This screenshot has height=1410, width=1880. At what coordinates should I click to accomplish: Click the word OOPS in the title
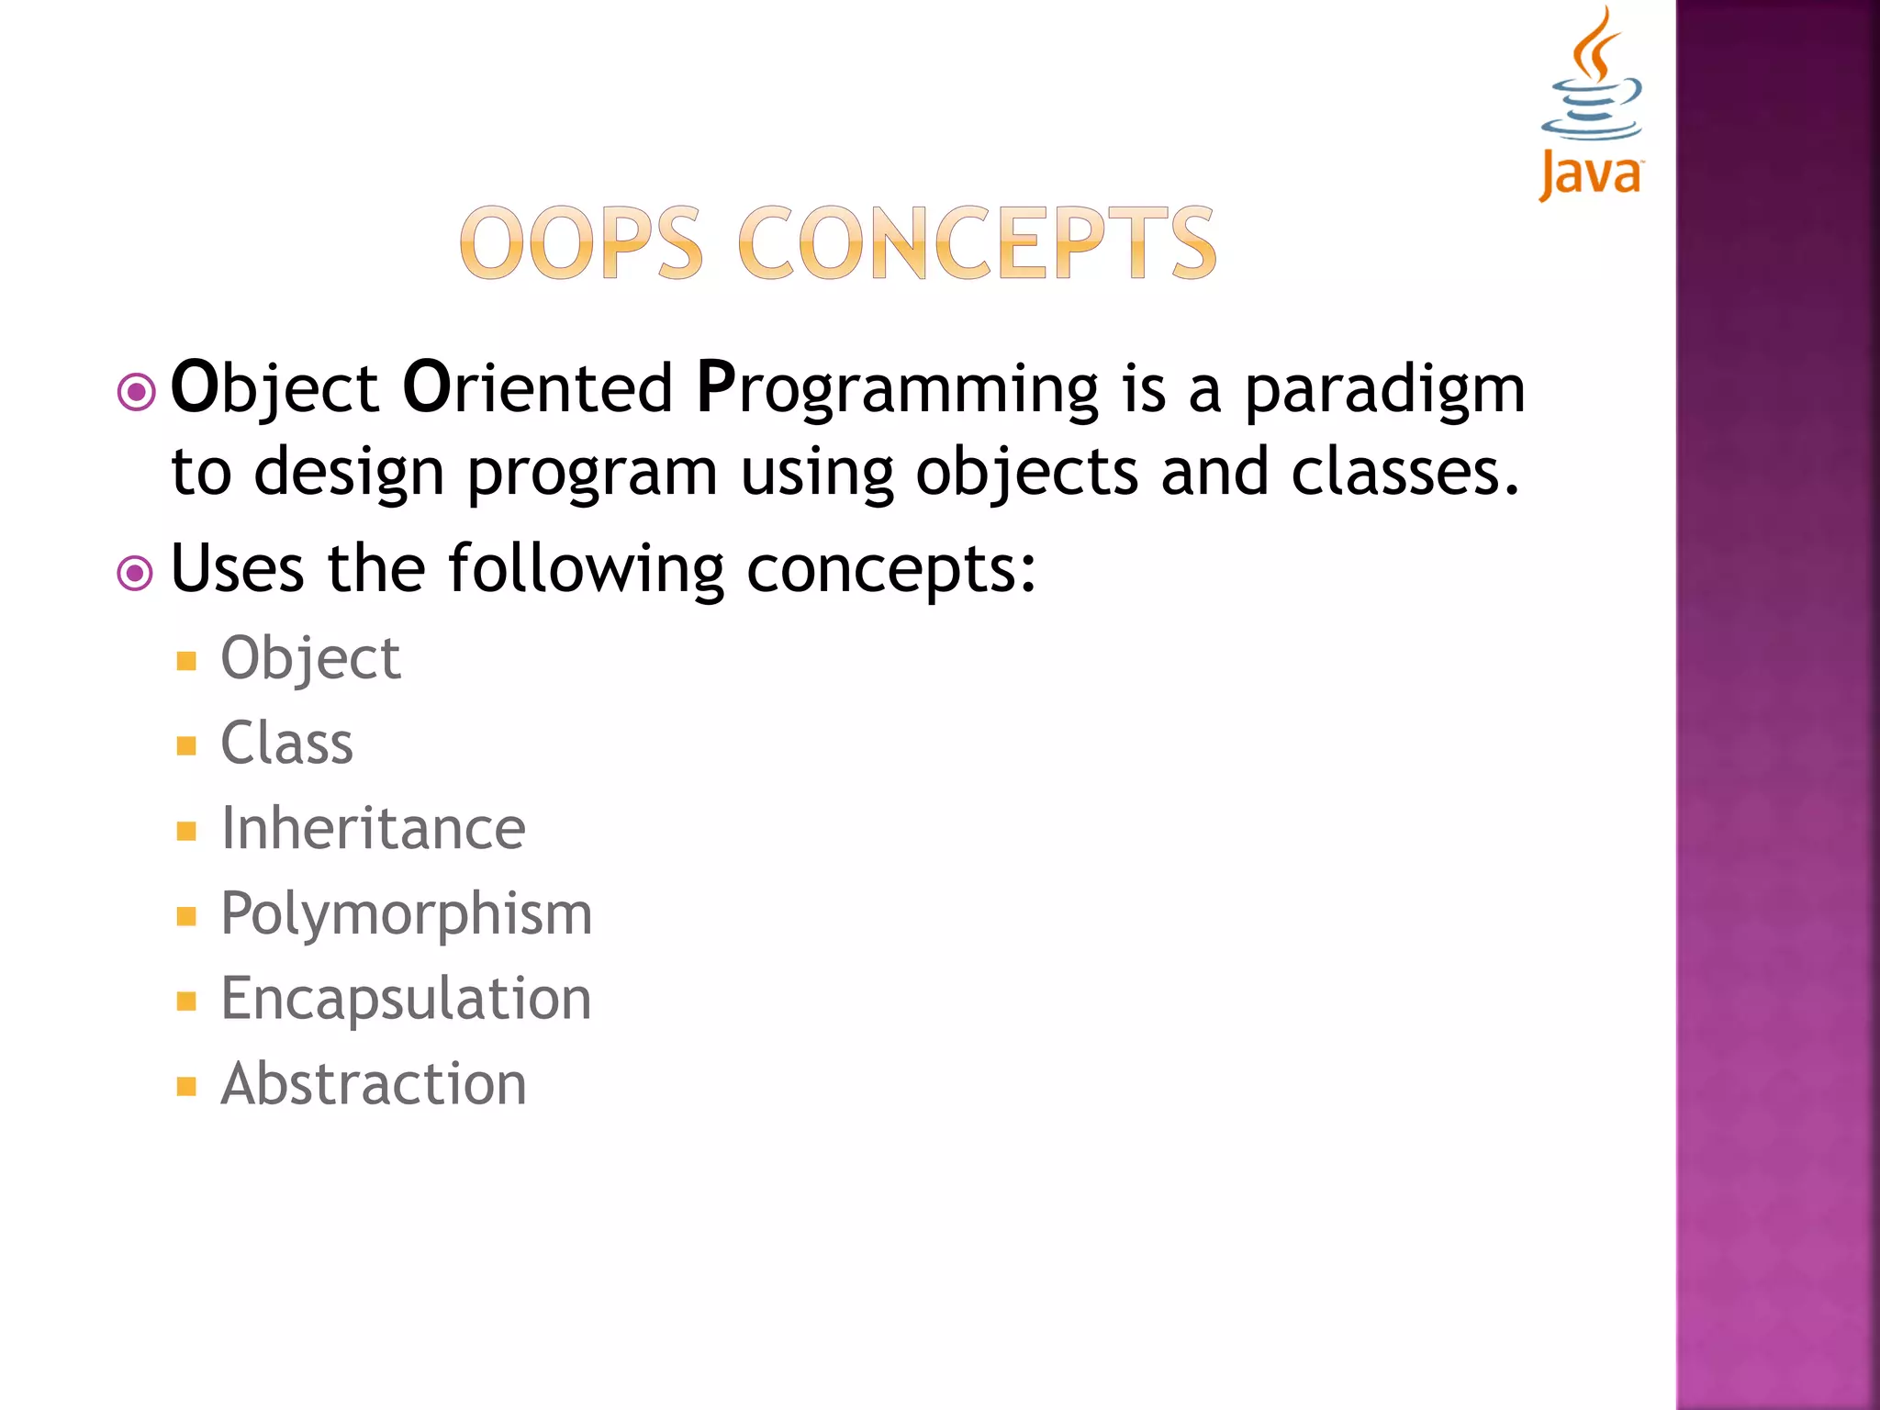point(581,243)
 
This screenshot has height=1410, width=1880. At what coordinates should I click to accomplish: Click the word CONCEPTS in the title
point(977,243)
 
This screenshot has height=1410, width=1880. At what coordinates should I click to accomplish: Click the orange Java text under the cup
point(1591,174)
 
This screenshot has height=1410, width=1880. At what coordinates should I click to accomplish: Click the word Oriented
point(538,387)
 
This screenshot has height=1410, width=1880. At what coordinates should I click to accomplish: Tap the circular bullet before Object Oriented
point(137,393)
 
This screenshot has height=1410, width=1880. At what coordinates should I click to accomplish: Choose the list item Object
point(310,659)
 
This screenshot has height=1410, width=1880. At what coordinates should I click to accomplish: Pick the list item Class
point(286,743)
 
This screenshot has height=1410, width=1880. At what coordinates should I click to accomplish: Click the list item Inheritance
point(373,828)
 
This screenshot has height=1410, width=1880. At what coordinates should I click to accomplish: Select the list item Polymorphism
point(407,914)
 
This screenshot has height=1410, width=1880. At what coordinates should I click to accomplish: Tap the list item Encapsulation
point(406,999)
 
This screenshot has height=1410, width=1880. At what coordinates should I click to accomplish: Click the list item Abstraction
point(374,1084)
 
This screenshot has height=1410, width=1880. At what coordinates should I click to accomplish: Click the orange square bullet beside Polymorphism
point(187,916)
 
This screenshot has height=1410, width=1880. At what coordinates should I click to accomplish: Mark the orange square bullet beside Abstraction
point(187,1087)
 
